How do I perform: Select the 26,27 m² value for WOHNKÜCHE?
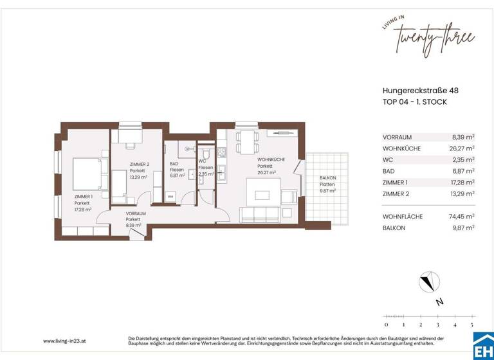point(462,148)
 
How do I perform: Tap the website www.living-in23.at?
point(66,341)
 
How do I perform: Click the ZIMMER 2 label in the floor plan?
point(139,165)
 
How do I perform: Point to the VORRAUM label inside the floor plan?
point(135,213)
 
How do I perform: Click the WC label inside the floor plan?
point(202,161)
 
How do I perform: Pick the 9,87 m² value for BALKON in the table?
point(462,228)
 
